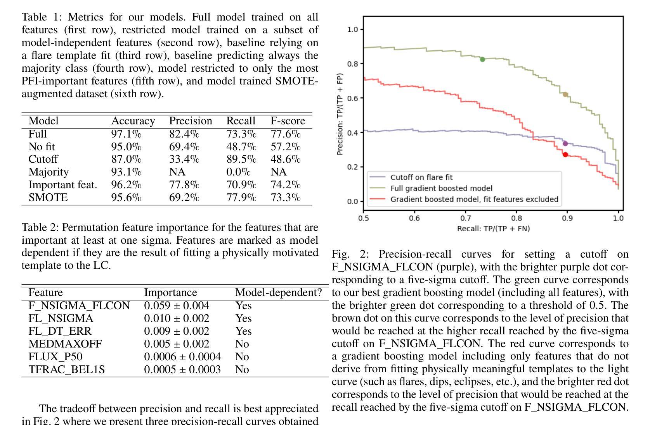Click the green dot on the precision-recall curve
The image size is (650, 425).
point(482,59)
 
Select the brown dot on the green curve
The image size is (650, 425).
point(565,95)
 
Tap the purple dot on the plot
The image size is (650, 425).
point(565,143)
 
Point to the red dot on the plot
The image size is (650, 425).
point(565,155)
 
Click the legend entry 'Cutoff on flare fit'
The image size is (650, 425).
point(421,177)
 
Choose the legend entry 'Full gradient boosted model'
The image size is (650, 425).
point(441,188)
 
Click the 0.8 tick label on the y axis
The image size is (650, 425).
point(352,64)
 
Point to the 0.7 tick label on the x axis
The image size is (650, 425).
point(465,219)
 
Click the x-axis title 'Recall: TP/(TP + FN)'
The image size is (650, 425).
point(493,229)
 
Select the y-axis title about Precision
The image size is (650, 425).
point(340,114)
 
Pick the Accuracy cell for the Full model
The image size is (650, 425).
point(126,134)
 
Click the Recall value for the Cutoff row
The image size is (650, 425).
point(241,159)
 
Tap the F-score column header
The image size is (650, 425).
point(288,121)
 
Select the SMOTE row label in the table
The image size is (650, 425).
point(48,198)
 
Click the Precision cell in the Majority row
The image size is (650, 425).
point(177,172)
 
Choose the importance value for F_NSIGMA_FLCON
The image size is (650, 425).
point(177,306)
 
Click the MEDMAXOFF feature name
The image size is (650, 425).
point(65,344)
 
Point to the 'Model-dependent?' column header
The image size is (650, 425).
point(278,293)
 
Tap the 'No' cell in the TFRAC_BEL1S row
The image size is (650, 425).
point(242,370)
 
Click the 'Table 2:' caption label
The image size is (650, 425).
point(40,227)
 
